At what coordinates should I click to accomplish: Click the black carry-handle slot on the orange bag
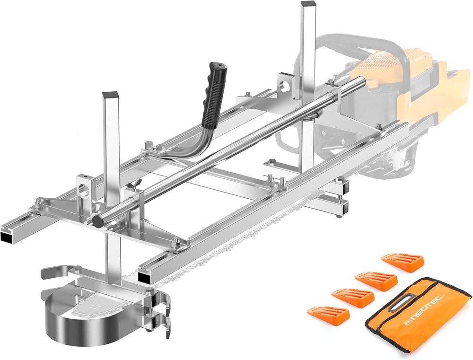[x=401, y=303]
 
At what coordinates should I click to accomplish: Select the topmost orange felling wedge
[x=403, y=262]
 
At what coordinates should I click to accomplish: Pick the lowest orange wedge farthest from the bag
[x=328, y=313]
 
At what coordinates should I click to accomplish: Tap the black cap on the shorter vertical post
[x=110, y=95]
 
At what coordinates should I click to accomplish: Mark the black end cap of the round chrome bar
[x=98, y=221]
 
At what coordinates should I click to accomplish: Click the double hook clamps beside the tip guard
[x=161, y=312]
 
